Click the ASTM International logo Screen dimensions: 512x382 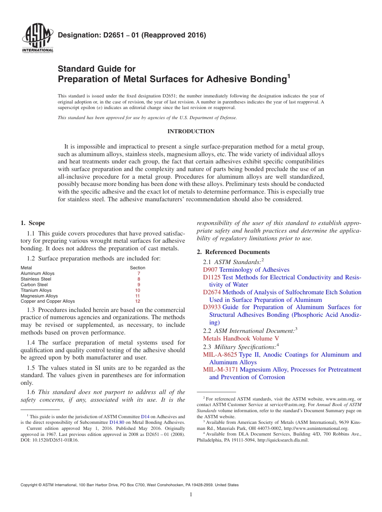(37, 39)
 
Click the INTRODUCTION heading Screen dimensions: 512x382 (191, 132)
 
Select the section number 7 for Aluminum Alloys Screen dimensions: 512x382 (138, 273)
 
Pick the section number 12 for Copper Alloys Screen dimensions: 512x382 (138, 301)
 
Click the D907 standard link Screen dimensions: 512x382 (210, 270)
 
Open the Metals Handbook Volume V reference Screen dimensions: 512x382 (241, 339)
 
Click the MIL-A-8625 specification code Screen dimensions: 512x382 (220, 355)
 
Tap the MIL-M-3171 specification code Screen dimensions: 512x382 (220, 370)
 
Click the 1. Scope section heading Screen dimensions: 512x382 (33, 223)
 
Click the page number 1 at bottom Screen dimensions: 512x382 (191, 495)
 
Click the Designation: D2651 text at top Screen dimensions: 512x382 (132, 35)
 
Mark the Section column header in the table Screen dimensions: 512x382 (138, 268)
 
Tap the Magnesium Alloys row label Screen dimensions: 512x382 (39, 296)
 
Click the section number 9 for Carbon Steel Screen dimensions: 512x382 (138, 285)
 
